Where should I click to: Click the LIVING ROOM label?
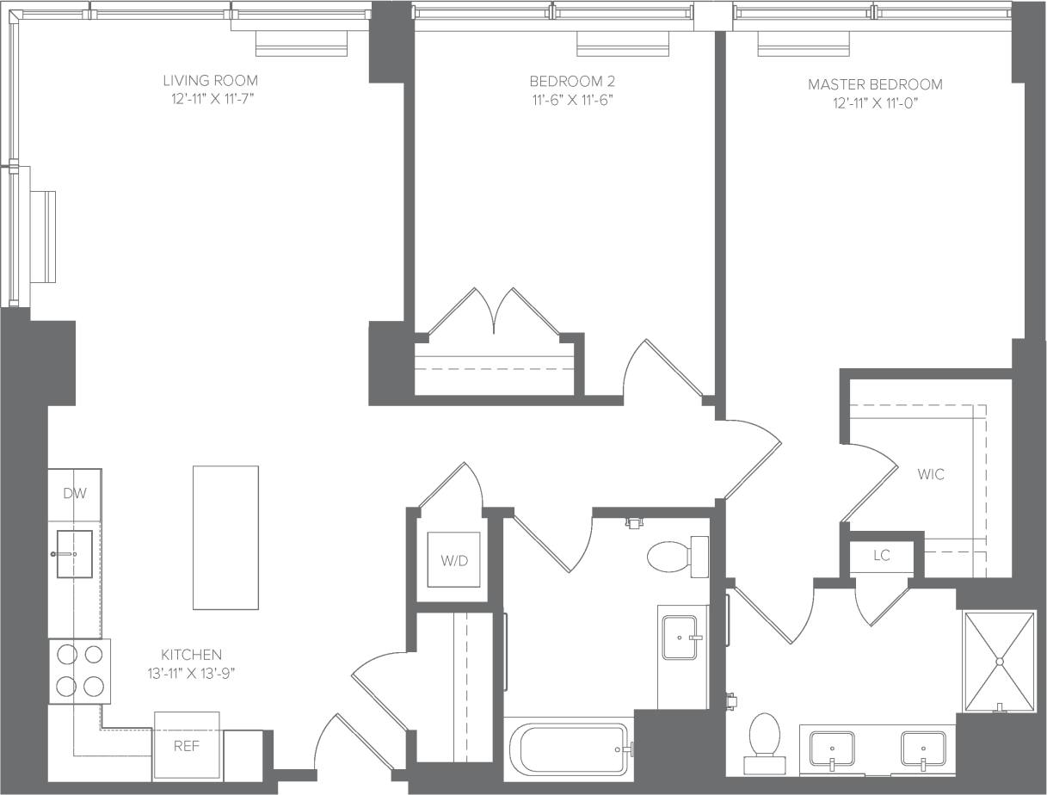coord(210,80)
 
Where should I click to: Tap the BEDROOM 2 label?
coord(572,81)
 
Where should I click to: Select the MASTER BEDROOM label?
coord(875,84)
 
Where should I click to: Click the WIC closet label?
coord(930,474)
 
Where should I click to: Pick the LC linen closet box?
coord(881,556)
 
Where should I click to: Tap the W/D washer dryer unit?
coord(454,560)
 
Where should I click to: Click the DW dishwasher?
coord(75,494)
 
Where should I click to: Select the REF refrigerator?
coord(187,745)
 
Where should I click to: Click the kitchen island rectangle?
coord(225,537)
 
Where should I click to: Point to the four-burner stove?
coord(80,671)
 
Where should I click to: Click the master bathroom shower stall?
coord(999,661)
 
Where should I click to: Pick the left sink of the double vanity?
coord(832,749)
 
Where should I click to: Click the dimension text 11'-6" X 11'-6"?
coord(572,100)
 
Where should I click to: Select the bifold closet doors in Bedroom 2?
coord(494,311)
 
